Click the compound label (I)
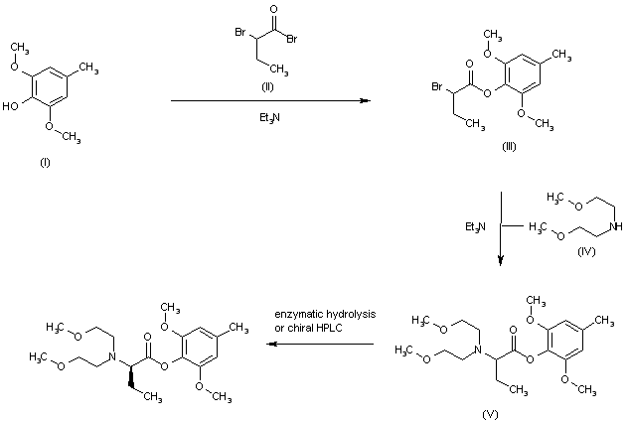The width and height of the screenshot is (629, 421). [45, 162]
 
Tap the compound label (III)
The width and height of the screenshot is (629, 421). [508, 146]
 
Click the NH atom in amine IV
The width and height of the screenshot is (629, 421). [619, 227]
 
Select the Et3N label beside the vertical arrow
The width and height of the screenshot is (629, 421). [474, 227]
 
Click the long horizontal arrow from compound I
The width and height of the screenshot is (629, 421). [268, 100]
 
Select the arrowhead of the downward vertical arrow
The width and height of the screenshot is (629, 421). [500, 260]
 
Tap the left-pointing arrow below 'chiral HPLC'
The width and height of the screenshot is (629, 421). [318, 344]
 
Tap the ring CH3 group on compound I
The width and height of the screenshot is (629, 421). [88, 67]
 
